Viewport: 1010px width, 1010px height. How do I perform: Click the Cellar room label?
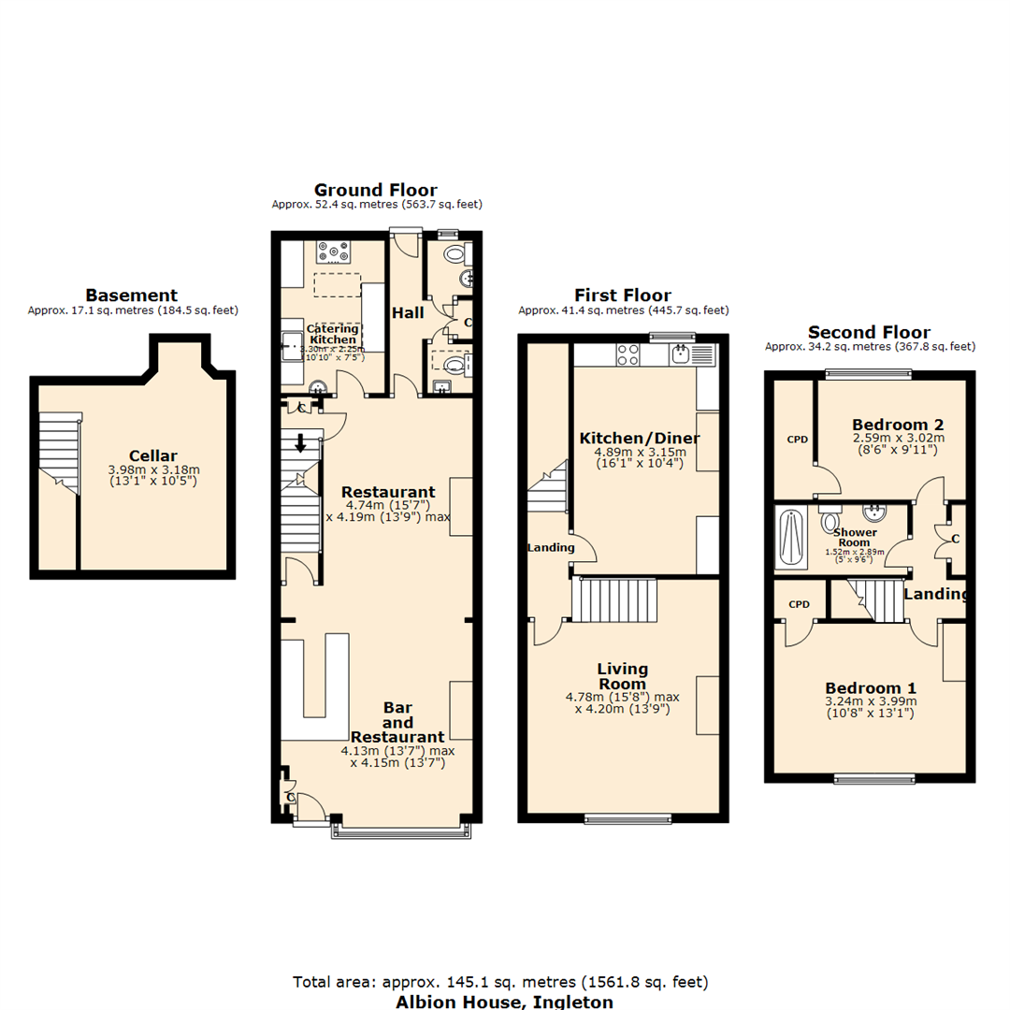pyautogui.click(x=154, y=455)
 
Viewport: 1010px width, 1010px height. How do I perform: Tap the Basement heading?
pyautogui.click(x=132, y=296)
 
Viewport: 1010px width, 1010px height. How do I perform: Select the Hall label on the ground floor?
pyautogui.click(x=409, y=312)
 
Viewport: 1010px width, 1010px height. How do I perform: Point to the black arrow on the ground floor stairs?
pyautogui.click(x=301, y=443)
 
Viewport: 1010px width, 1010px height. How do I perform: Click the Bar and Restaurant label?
pyautogui.click(x=397, y=722)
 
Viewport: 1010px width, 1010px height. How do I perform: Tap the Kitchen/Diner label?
pyautogui.click(x=640, y=439)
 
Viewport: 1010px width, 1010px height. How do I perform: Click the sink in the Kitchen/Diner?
pyautogui.click(x=680, y=353)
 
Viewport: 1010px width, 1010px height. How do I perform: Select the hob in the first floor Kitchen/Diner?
pyautogui.click(x=628, y=354)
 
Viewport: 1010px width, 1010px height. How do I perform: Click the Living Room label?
pyautogui.click(x=623, y=675)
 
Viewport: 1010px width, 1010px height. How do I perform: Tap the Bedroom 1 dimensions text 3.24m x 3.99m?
pyautogui.click(x=871, y=701)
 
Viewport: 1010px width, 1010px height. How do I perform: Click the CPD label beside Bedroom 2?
pyautogui.click(x=797, y=439)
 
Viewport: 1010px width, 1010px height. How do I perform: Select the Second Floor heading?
pyautogui.click(x=869, y=332)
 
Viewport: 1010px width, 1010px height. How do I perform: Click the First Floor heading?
pyautogui.click(x=623, y=296)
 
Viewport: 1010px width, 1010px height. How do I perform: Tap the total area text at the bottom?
pyautogui.click(x=500, y=982)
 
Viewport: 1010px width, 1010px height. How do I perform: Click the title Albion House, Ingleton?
pyautogui.click(x=505, y=1002)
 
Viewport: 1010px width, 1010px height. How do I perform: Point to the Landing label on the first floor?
pyautogui.click(x=550, y=547)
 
